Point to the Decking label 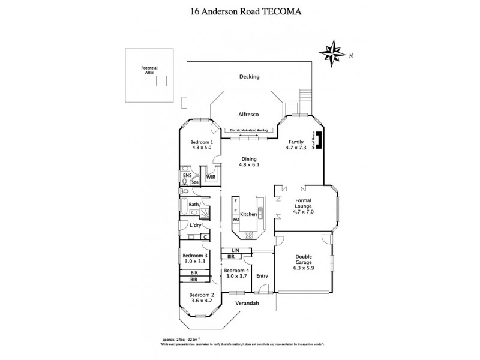(x=248, y=77)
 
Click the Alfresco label (x=248, y=113)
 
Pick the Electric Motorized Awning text (x=249, y=130)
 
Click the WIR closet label (x=211, y=178)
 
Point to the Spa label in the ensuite (x=195, y=182)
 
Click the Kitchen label (x=248, y=214)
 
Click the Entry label (x=262, y=276)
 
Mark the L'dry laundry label (x=195, y=225)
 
